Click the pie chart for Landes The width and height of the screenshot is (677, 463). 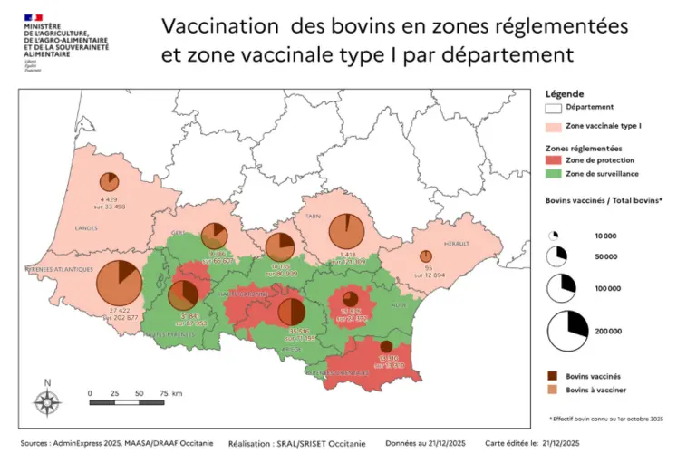point(110,181)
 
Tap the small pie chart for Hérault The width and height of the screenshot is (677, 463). point(426,256)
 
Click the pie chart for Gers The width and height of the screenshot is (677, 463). point(214,235)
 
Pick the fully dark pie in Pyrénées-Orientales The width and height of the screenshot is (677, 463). point(386,346)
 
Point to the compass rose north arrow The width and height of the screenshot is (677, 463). point(48,399)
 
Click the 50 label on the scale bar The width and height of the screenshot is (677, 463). point(139,394)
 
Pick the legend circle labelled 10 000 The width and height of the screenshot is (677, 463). point(554,236)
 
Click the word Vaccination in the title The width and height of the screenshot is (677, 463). point(213,27)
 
